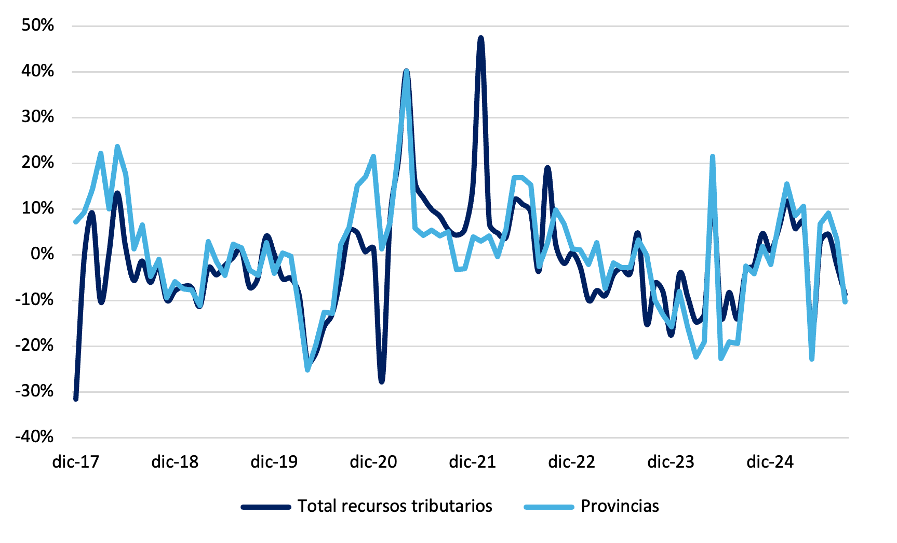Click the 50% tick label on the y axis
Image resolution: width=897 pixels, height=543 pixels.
pyautogui.click(x=37, y=25)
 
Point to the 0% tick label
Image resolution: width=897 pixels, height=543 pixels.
pyautogui.click(x=42, y=254)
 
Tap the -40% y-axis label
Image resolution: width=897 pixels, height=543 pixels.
pyautogui.click(x=34, y=436)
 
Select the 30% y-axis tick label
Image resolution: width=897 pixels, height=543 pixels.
pyautogui.click(x=37, y=117)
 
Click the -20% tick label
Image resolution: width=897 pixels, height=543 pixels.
pyautogui.click(x=34, y=345)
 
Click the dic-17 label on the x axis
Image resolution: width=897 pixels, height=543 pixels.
pyautogui.click(x=75, y=461)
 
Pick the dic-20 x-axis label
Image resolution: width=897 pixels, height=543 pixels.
pyautogui.click(x=373, y=461)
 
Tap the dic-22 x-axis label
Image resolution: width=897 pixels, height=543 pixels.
pyautogui.click(x=571, y=461)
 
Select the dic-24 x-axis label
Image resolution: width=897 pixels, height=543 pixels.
pyautogui.click(x=770, y=461)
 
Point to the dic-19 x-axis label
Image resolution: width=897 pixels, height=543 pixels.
pyautogui.click(x=274, y=461)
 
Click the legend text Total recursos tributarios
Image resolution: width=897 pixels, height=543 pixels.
pyautogui.click(x=395, y=506)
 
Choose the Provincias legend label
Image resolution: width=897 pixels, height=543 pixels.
pyautogui.click(x=620, y=506)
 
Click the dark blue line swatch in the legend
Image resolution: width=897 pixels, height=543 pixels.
pyautogui.click(x=265, y=507)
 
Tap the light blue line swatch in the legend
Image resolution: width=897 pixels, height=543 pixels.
pyautogui.click(x=549, y=507)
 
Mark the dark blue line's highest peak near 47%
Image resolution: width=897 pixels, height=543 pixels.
pyautogui.click(x=480, y=38)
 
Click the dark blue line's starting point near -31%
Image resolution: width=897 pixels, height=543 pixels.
pyautogui.click(x=76, y=399)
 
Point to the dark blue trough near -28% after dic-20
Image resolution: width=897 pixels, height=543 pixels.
pyautogui.click(x=382, y=381)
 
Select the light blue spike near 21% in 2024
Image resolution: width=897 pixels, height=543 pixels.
pyautogui.click(x=712, y=156)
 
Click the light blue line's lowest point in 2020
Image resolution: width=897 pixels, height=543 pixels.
pyautogui.click(x=307, y=369)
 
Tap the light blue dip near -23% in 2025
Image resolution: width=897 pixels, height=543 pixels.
pyautogui.click(x=811, y=359)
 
